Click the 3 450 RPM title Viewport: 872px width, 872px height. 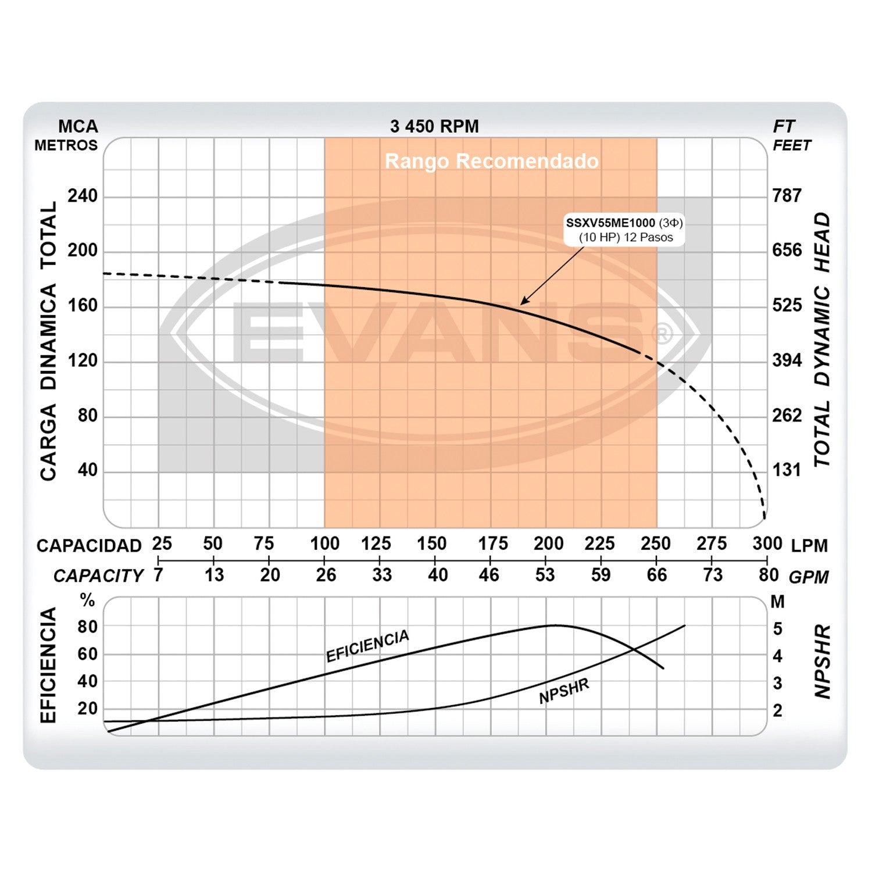tap(434, 126)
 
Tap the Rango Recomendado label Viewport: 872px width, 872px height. tap(491, 161)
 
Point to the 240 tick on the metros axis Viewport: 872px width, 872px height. tap(83, 196)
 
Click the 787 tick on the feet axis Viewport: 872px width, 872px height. tap(787, 196)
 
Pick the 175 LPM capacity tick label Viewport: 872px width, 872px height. tap(492, 544)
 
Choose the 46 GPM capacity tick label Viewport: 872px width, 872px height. tap(489, 575)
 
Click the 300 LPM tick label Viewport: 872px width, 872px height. tap(767, 544)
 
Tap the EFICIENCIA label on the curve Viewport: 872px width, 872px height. tap(367, 646)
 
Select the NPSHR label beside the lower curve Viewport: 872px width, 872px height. tap(564, 691)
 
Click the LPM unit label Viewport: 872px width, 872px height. tap(809, 545)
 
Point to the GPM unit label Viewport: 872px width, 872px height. tap(809, 577)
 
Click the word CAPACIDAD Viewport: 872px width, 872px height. tap(89, 545)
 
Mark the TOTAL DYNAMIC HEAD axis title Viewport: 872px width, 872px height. tap(822, 339)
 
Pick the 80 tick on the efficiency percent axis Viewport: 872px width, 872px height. tap(88, 627)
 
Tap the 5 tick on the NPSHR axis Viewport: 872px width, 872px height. tap(778, 629)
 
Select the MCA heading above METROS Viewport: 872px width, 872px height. tap(78, 126)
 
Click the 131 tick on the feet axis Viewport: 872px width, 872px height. tap(787, 470)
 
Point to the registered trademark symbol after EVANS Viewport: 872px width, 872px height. tap(662, 334)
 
